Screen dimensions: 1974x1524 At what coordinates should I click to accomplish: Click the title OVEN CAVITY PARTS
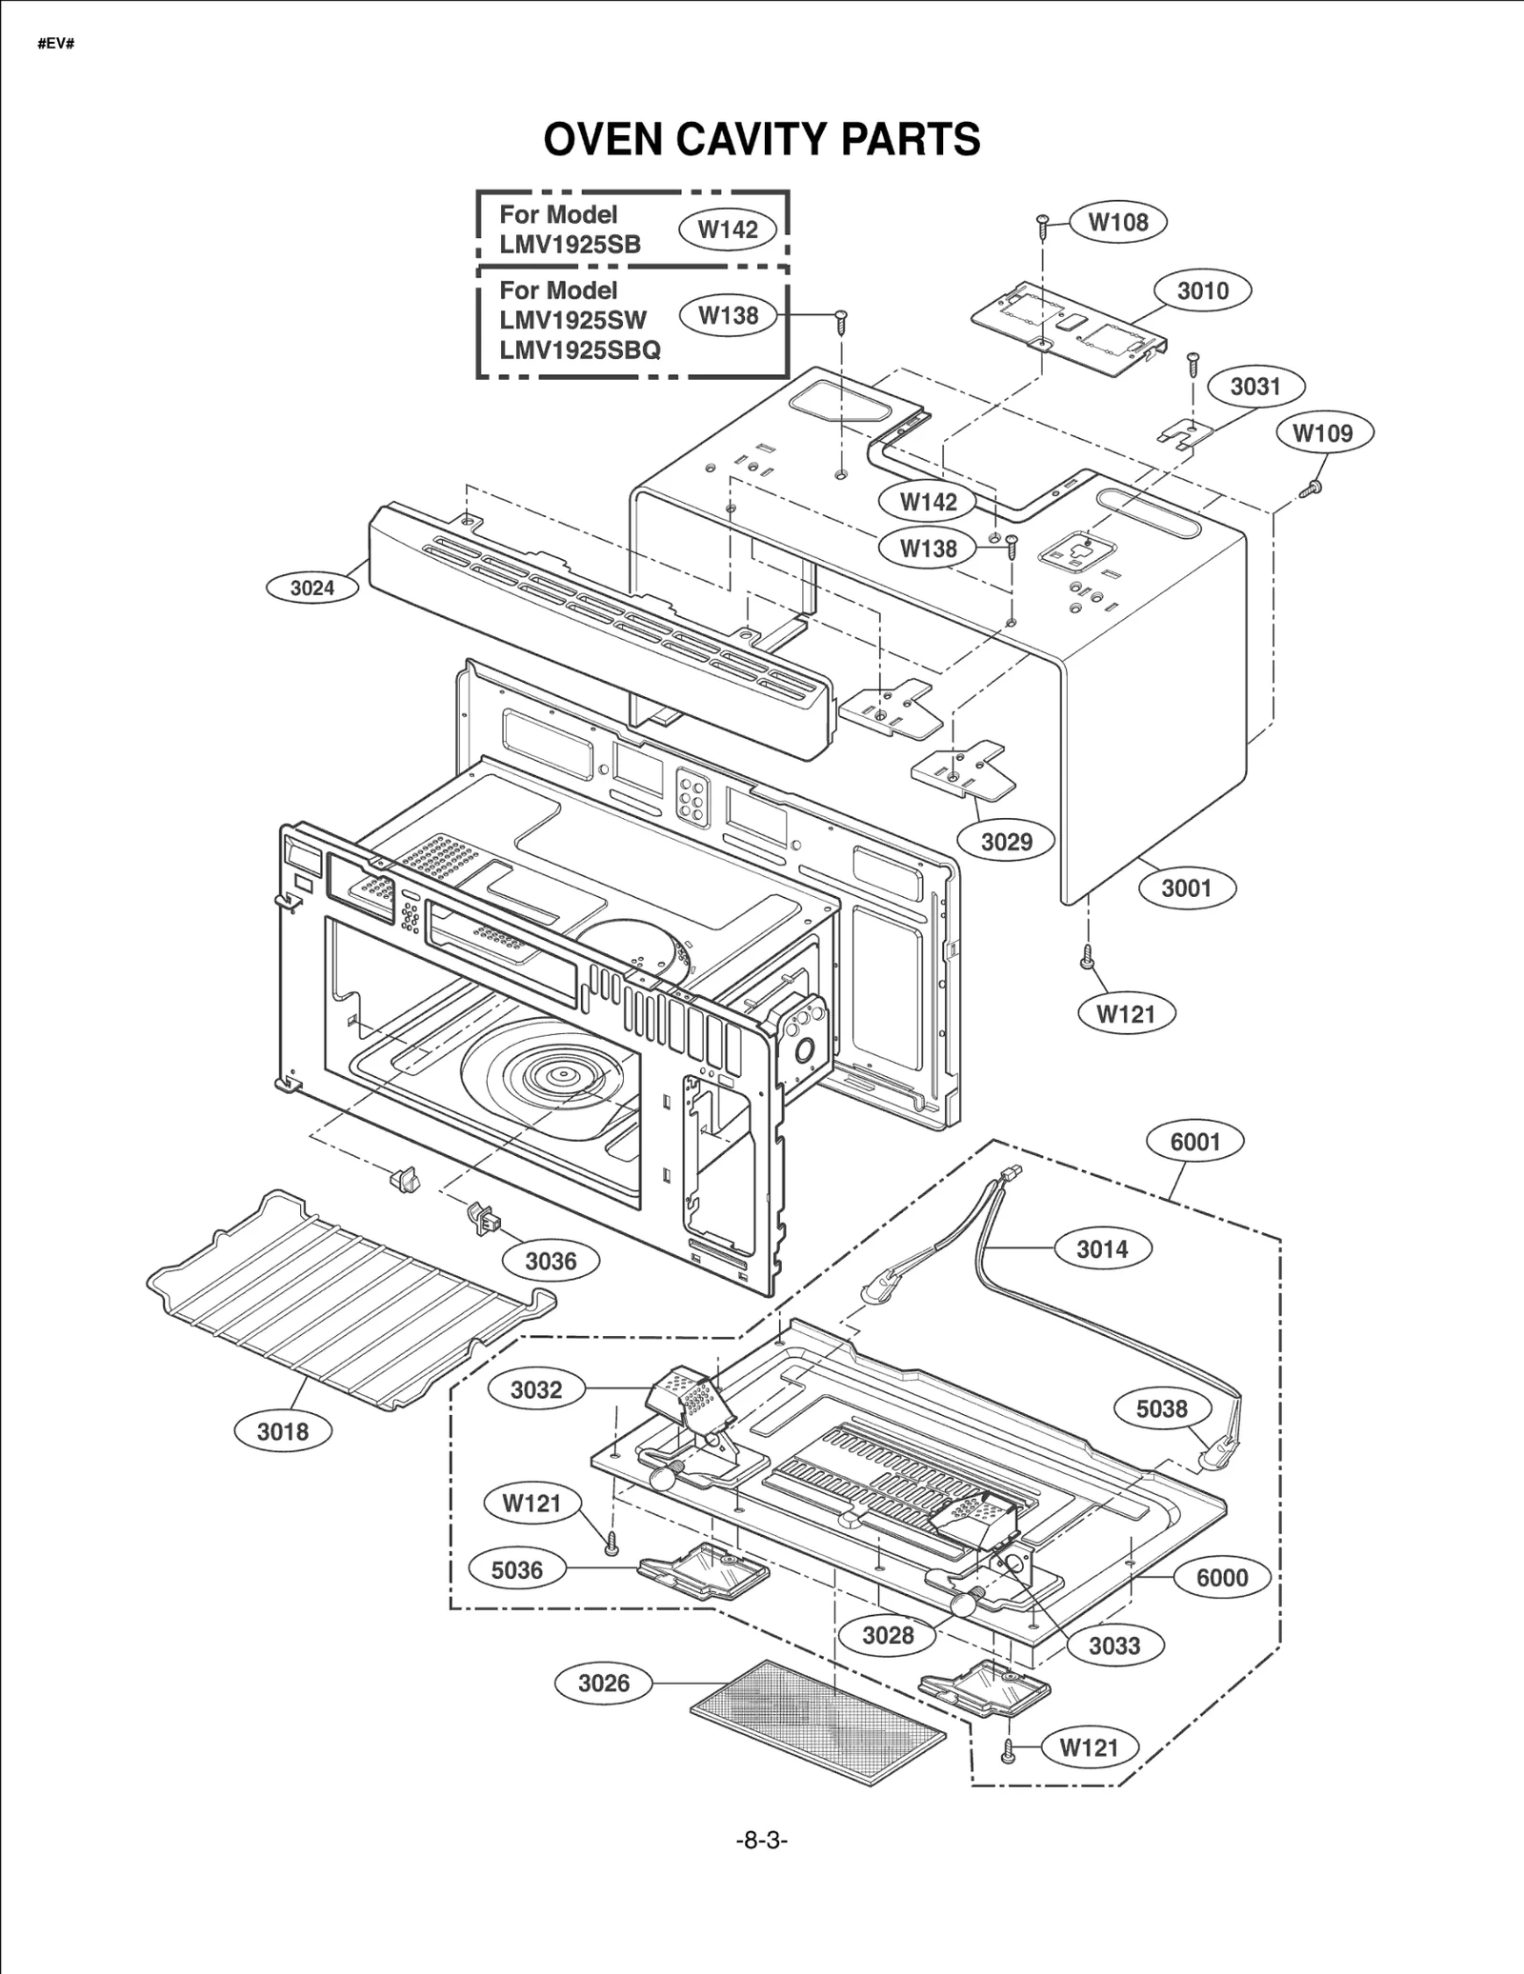click(x=761, y=139)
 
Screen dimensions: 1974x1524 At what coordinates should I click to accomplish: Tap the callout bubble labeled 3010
click(x=1202, y=290)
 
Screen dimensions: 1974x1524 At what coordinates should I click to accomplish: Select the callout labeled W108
click(x=1117, y=222)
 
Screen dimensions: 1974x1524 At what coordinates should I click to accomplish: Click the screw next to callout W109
click(x=1311, y=489)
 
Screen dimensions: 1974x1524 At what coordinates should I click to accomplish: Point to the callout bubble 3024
click(x=311, y=588)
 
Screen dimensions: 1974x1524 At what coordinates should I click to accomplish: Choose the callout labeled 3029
click(x=1006, y=841)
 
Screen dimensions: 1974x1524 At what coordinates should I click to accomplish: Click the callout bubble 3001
click(x=1186, y=887)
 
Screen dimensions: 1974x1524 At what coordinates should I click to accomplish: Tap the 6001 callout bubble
click(x=1194, y=1141)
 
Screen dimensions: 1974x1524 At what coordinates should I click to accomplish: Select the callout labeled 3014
click(x=1101, y=1248)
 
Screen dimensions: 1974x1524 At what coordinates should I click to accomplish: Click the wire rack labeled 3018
click(x=343, y=1305)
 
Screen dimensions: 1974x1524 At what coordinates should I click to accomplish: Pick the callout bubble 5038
click(x=1161, y=1408)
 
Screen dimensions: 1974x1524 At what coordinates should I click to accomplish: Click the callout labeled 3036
click(x=551, y=1261)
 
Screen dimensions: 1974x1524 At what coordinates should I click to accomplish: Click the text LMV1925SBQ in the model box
click(x=579, y=349)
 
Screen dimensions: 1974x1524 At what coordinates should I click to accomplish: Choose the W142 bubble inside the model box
click(x=728, y=229)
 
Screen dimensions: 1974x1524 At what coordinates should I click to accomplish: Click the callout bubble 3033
click(x=1113, y=1645)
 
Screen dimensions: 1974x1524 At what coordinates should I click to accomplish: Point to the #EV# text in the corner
click(x=56, y=45)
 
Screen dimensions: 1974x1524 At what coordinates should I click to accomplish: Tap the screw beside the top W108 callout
click(x=1043, y=224)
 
